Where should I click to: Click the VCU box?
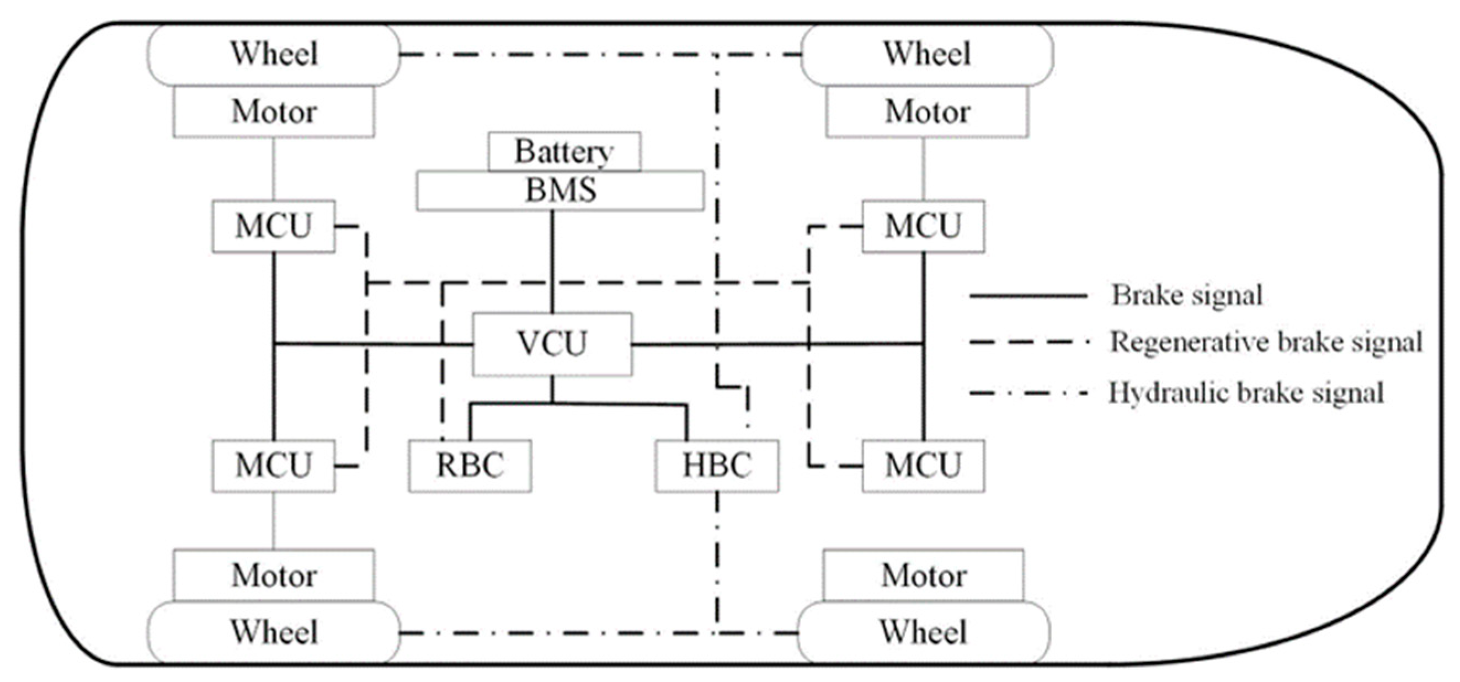(x=552, y=344)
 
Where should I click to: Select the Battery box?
(x=564, y=151)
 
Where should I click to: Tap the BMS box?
(x=560, y=190)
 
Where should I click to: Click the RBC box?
(x=470, y=466)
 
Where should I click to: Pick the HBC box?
(x=717, y=466)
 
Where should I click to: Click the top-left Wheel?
(x=274, y=55)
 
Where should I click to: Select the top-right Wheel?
(x=926, y=55)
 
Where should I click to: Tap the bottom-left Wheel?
(x=274, y=632)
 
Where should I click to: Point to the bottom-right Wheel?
(x=923, y=632)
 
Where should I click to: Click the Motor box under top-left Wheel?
(x=274, y=111)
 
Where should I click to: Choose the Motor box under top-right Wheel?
(x=926, y=111)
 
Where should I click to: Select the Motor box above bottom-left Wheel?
(x=274, y=576)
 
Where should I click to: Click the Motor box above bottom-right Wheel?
(x=923, y=576)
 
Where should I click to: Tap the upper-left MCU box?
(x=274, y=226)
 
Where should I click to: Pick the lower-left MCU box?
(x=274, y=466)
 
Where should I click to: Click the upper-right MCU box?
(x=923, y=226)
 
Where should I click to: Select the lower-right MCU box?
(x=923, y=466)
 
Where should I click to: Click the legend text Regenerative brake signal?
(x=1266, y=343)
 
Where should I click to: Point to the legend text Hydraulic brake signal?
(x=1246, y=393)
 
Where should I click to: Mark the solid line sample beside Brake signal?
(x=1028, y=296)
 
